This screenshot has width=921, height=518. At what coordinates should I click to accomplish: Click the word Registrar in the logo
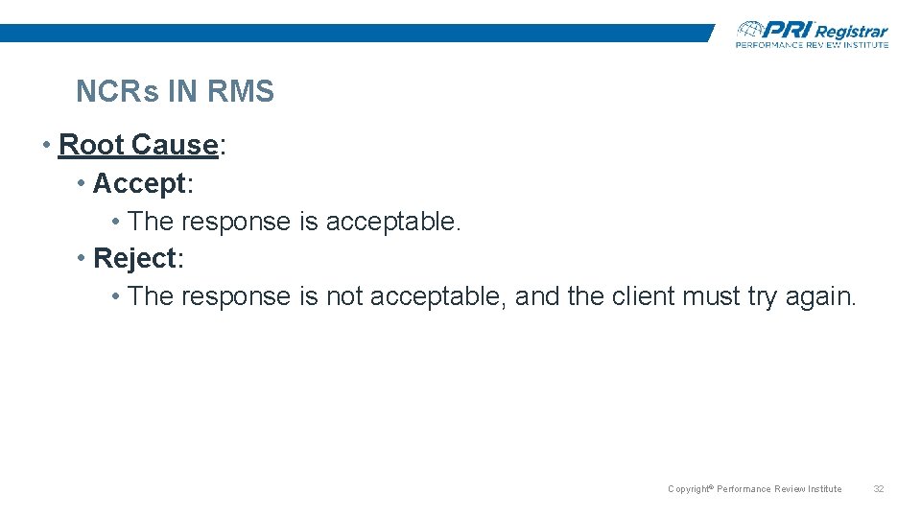pos(851,32)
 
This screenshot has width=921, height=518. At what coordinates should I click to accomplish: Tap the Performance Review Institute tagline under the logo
pos(812,44)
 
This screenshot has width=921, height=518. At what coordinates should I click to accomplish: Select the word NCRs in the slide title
pos(117,92)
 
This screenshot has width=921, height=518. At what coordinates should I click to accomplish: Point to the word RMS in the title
pos(240,92)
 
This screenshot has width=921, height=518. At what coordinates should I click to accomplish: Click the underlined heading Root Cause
pos(138,145)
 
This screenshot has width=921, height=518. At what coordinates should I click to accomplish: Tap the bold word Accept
pos(138,182)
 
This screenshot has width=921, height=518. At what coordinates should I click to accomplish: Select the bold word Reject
pos(135,258)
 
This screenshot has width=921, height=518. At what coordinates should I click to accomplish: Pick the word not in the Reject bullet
pos(344,296)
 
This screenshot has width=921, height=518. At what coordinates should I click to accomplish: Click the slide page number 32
pos(878,489)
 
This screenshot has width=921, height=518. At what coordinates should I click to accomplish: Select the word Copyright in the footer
pos(688,489)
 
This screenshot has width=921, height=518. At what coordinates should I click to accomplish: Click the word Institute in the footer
pos(824,489)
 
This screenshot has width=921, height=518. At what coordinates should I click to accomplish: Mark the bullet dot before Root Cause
pos(47,145)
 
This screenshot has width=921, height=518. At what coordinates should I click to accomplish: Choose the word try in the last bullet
pos(762,296)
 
